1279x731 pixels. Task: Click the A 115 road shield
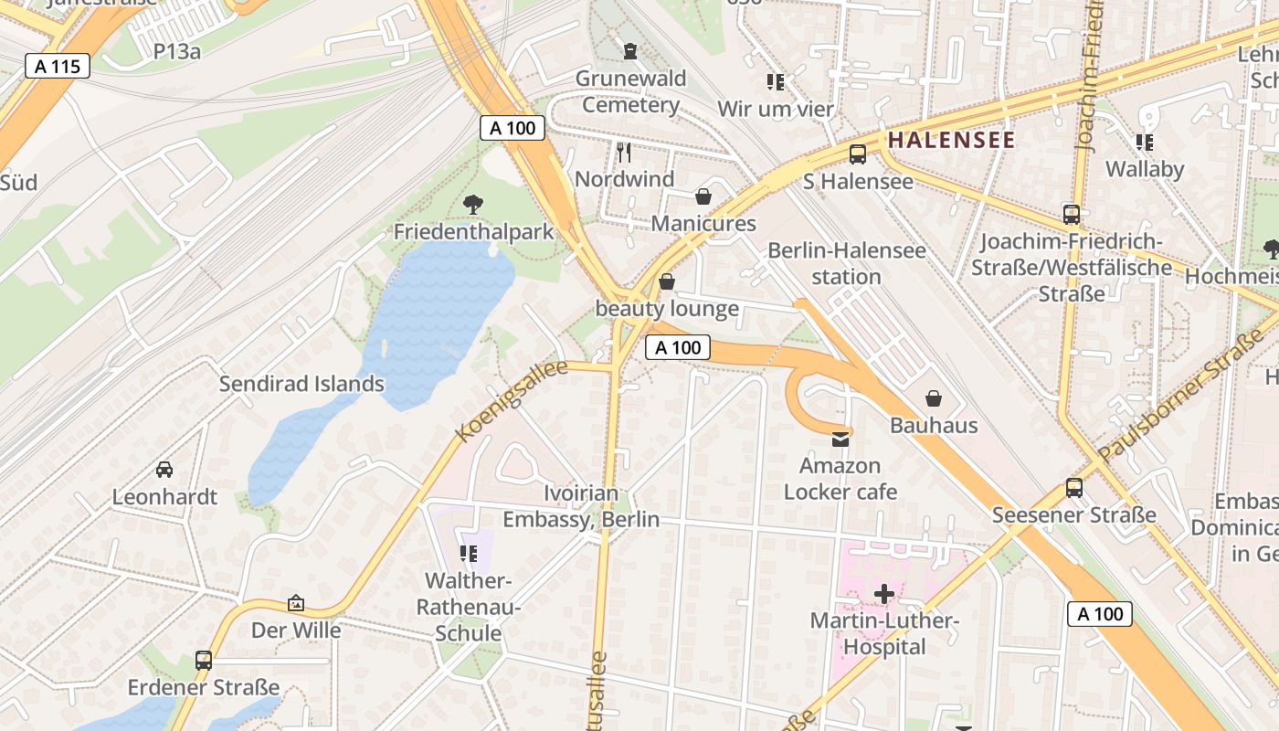[57, 66]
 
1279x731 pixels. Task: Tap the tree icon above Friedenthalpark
[473, 204]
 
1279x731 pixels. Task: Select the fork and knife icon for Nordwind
[624, 152]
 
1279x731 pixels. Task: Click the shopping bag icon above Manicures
[703, 196]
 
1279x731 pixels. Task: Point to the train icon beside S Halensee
[857, 154]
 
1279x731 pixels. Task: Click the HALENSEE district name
[951, 140]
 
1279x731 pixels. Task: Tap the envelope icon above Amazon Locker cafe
[840, 440]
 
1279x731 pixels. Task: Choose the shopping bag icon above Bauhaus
[934, 398]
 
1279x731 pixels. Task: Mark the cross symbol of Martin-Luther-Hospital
[883, 595]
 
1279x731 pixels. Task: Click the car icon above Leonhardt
[164, 470]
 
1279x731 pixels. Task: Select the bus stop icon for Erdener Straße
[204, 660]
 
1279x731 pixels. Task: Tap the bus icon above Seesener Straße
[1074, 488]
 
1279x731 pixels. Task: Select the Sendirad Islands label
[301, 384]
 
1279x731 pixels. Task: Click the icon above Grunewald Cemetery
[629, 50]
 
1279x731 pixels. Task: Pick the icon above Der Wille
[296, 603]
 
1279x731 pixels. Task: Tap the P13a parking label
[177, 51]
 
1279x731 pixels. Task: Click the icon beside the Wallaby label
[1144, 142]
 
